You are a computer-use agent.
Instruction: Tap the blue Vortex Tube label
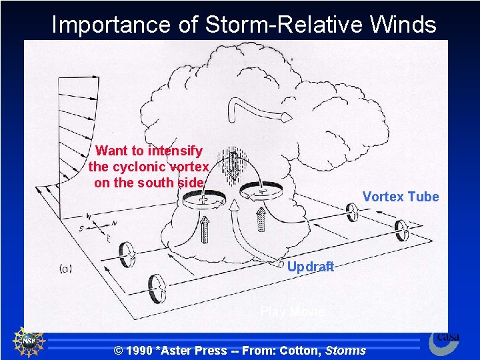[400, 197]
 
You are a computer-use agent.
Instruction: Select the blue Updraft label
[310, 267]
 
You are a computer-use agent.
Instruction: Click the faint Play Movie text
[292, 311]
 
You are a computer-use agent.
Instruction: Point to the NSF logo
[29, 343]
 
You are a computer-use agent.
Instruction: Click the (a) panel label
[66, 268]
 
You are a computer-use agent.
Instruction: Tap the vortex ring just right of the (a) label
[127, 253]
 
